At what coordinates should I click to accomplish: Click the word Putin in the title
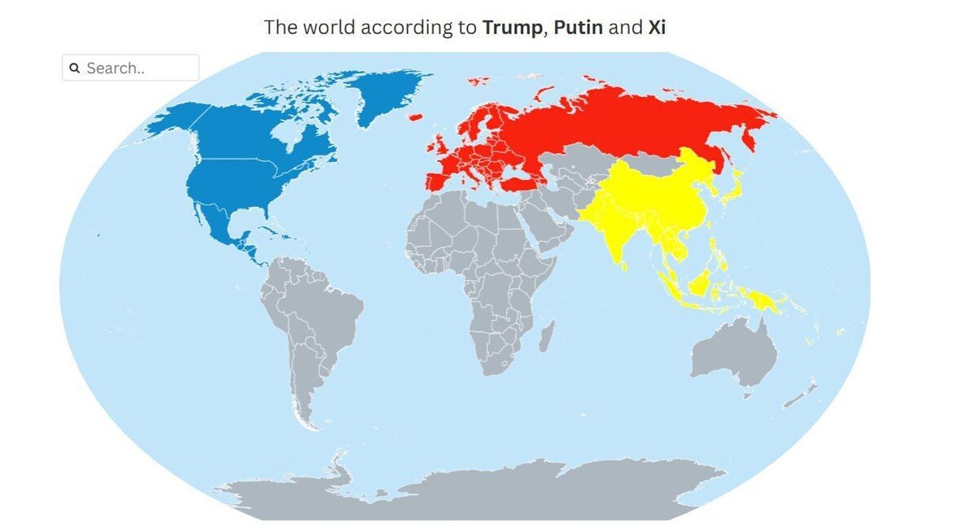coord(578,27)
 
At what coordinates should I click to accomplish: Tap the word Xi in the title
coord(657,27)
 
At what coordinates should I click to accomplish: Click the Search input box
coord(139,68)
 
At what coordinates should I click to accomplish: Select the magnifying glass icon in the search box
coord(74,68)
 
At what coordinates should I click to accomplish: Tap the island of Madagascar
coord(546,335)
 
